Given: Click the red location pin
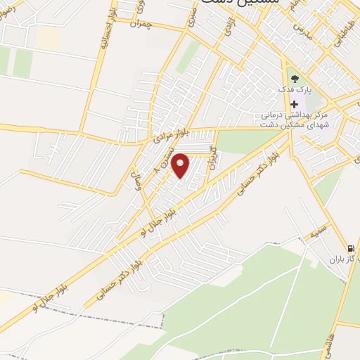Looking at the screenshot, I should coord(181,165).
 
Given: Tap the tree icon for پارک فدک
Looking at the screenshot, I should coord(294,79).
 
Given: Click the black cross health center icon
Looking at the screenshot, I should coord(294,103).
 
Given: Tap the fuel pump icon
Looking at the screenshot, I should coord(349,247).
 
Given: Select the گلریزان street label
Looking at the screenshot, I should coord(213,163).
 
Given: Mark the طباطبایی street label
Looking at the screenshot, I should coord(337,31).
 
